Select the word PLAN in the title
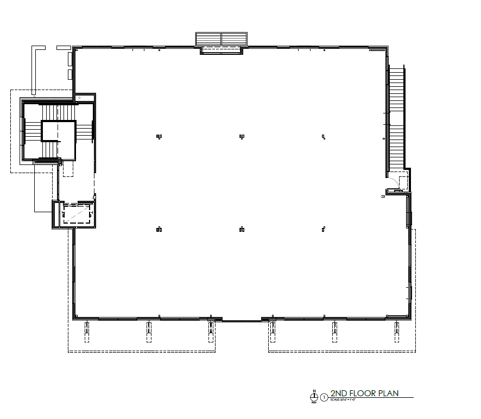click(x=389, y=393)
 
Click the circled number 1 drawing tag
click(x=325, y=397)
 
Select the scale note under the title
click(x=345, y=399)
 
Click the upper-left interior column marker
click(x=159, y=136)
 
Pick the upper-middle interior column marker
click(x=242, y=136)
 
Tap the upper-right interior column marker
click(x=324, y=136)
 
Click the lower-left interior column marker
click(x=159, y=229)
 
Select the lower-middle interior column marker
click(x=242, y=229)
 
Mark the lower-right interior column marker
click(x=324, y=228)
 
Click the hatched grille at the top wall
click(x=221, y=39)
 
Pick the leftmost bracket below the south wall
click(x=87, y=332)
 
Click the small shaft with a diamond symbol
click(x=79, y=98)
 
